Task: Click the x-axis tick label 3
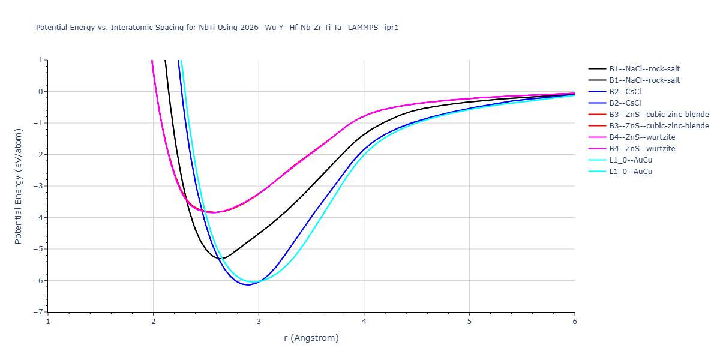(259, 322)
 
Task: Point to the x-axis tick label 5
(469, 322)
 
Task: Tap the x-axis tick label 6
(575, 322)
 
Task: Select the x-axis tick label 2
(154, 322)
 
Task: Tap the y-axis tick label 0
(41, 92)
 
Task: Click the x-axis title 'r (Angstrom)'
(311, 338)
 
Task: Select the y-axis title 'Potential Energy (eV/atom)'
(19, 186)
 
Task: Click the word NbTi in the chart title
(206, 28)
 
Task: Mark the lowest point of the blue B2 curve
(248, 285)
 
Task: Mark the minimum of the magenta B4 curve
(214, 212)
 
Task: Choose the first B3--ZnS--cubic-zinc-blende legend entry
(649, 115)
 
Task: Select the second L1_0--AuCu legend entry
(620, 172)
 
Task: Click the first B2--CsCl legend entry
(614, 92)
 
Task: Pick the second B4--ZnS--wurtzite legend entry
(632, 149)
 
